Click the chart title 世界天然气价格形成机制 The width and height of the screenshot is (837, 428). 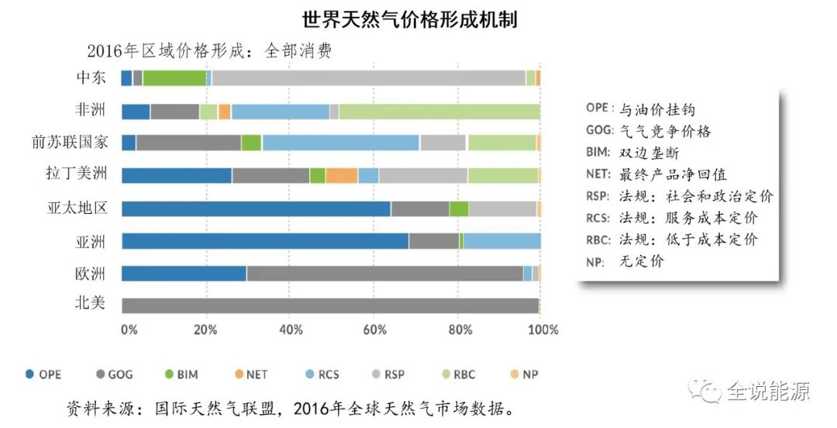409,19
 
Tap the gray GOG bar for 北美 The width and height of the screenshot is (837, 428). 329,305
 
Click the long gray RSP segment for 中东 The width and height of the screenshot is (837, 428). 368,78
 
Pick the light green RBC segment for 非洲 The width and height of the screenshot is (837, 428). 439,112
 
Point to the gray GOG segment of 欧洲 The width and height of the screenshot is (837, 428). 384,273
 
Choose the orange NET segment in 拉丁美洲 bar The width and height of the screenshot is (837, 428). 341,175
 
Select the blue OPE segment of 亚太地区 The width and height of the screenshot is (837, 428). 256,209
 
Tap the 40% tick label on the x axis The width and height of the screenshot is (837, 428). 290,330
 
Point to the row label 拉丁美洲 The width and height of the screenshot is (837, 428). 76,174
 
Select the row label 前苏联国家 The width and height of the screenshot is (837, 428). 70,142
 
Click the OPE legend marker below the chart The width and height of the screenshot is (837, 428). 29,374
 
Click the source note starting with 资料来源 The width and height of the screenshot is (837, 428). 291,408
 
